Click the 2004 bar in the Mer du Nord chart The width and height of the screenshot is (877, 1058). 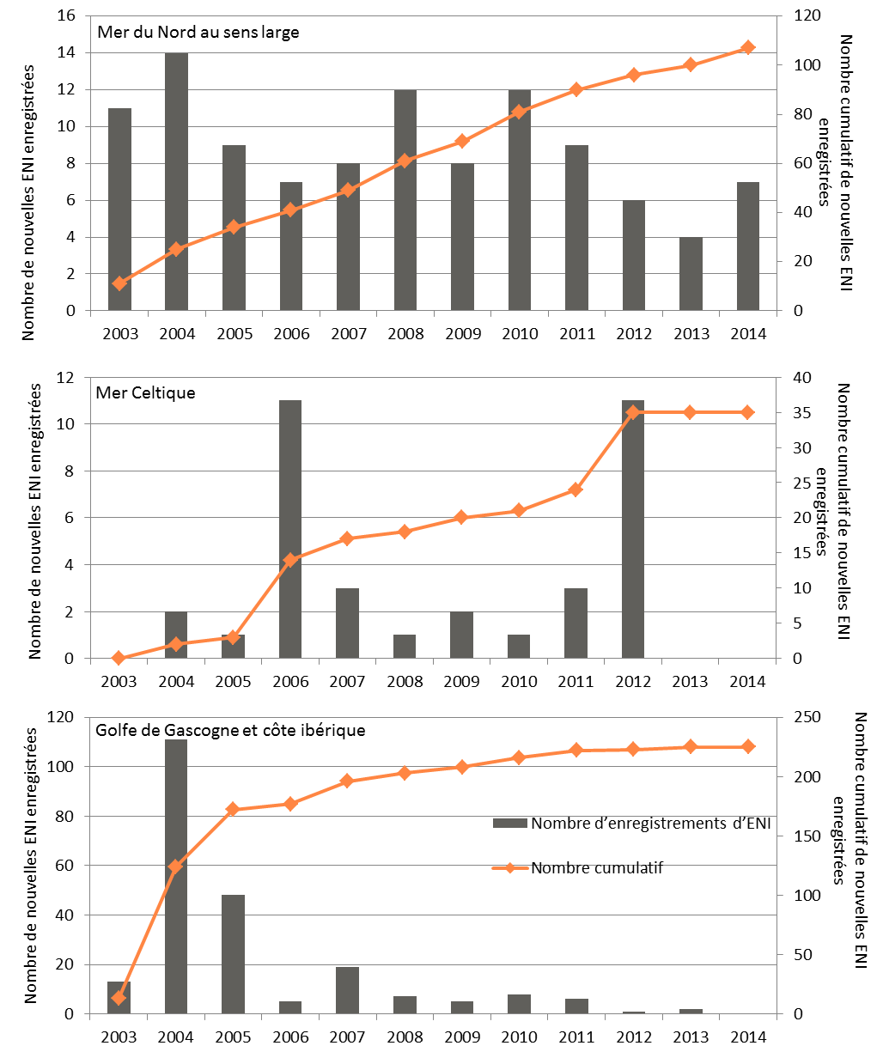pyautogui.click(x=176, y=181)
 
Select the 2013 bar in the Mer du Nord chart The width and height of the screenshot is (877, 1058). pyautogui.click(x=691, y=274)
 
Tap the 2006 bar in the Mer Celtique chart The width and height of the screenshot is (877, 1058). pyautogui.click(x=290, y=529)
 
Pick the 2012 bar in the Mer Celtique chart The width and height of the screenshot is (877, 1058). pyautogui.click(x=633, y=529)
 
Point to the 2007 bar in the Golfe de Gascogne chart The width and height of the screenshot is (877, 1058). pyautogui.click(x=347, y=990)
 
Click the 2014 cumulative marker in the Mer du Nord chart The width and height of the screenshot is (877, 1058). pyautogui.click(x=747, y=48)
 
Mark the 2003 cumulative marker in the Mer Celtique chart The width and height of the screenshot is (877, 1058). pyautogui.click(x=119, y=658)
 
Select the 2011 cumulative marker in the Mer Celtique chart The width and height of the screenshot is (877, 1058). pyautogui.click(x=576, y=489)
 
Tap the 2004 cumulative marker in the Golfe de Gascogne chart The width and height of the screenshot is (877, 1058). pyautogui.click(x=176, y=866)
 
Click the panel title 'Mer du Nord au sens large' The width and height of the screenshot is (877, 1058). pyautogui.click(x=198, y=33)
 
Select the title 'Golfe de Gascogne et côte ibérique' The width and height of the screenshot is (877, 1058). pyautogui.click(x=230, y=730)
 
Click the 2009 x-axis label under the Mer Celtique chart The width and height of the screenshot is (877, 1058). pyautogui.click(x=461, y=682)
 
